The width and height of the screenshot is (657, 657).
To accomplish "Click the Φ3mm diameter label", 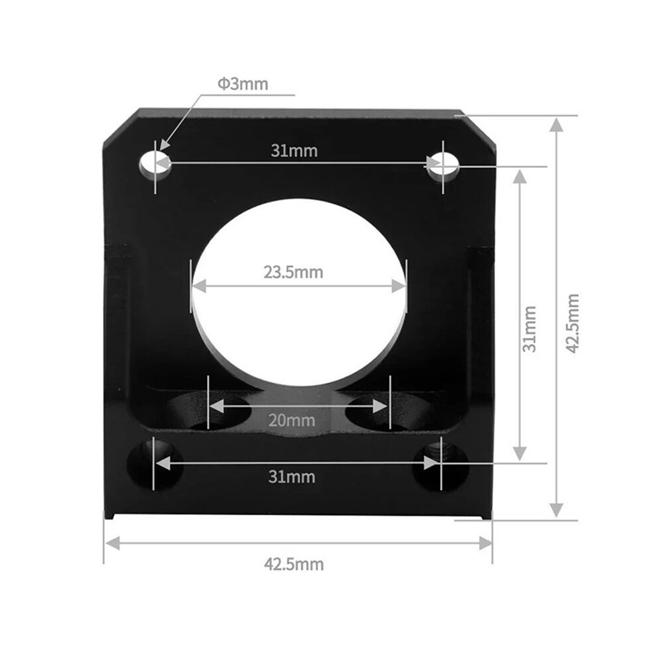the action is click(243, 84).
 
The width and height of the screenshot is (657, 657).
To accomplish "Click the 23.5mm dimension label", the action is click(293, 272).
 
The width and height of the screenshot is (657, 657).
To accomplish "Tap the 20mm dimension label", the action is click(291, 420).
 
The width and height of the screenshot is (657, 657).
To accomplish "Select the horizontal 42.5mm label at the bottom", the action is click(294, 564).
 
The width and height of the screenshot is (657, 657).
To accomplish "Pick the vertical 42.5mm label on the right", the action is click(572, 323).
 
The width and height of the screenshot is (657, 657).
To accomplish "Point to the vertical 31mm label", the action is click(530, 329).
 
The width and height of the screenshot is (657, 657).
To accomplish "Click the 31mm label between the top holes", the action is click(294, 151).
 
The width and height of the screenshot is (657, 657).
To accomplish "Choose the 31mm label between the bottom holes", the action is click(291, 477).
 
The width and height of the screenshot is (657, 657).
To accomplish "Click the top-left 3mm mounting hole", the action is click(155, 165).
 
